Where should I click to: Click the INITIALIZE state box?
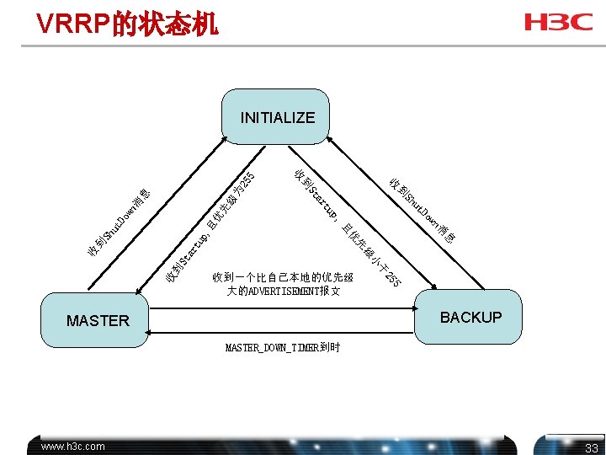click(x=277, y=117)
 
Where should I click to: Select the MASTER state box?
click(x=98, y=320)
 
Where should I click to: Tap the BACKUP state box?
click(x=470, y=318)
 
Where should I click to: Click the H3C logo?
click(x=559, y=22)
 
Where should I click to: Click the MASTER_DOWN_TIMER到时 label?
click(x=282, y=348)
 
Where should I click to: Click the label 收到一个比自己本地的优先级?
click(x=283, y=276)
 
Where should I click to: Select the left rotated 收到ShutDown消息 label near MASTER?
click(x=119, y=224)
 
